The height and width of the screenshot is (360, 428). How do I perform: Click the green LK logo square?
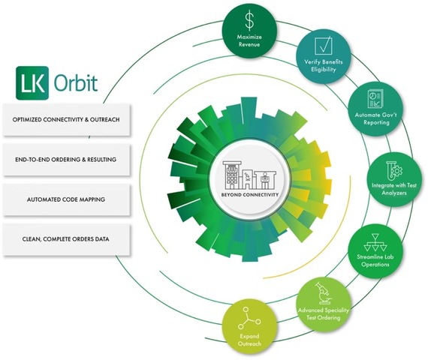32,82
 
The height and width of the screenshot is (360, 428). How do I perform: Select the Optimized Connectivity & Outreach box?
66,119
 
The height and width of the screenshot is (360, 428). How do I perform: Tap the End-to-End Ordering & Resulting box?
66,160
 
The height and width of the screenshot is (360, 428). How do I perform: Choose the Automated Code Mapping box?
66,199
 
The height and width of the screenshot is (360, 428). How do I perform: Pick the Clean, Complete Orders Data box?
66,239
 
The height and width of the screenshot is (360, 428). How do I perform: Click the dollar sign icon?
249,21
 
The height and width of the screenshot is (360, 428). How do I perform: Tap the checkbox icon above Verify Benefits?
324,45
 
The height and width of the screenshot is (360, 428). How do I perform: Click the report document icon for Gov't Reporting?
375,99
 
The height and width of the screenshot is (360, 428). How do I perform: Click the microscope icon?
324,293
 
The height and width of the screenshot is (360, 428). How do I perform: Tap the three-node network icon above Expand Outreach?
249,318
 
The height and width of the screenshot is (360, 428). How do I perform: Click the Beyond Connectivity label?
250,195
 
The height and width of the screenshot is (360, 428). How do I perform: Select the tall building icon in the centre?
232,175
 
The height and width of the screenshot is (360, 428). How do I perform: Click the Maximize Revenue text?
249,40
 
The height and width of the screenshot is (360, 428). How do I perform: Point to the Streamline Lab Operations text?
375,260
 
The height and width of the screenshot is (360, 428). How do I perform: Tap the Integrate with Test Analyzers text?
394,189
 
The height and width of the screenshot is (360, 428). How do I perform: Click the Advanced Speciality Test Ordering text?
324,313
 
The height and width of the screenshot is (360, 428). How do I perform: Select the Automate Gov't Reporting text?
376,118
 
